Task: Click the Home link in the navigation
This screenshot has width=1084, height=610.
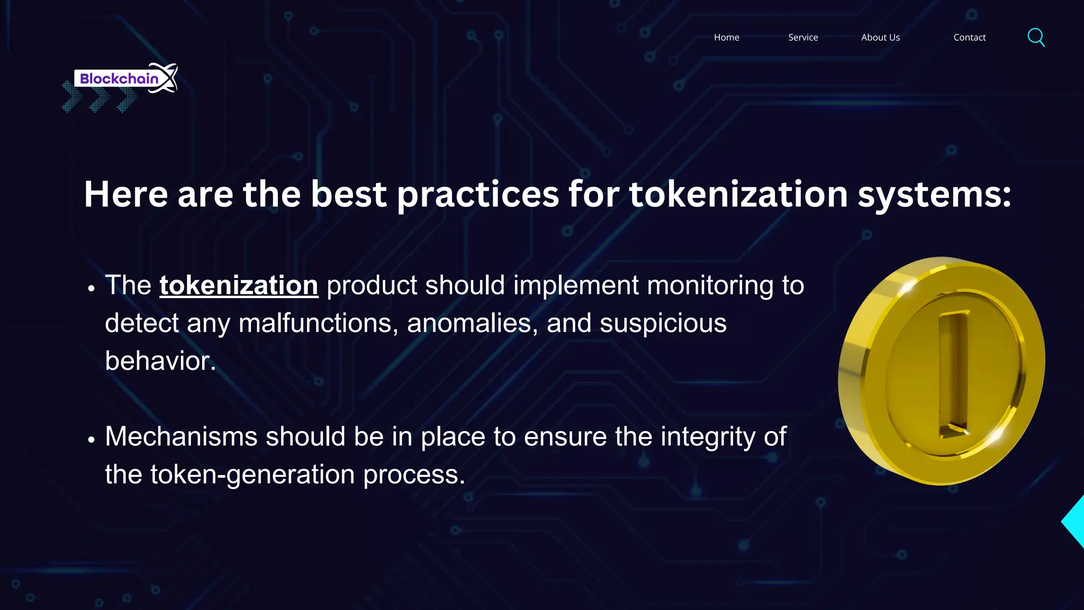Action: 726,38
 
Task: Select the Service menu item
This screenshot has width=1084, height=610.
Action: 803,38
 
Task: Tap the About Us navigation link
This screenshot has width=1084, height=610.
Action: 880,38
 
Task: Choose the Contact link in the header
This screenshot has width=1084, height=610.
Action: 969,38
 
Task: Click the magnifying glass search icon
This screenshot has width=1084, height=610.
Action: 1036,38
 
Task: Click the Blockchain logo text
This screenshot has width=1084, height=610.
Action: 119,79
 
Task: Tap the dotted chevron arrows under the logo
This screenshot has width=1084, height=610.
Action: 99,98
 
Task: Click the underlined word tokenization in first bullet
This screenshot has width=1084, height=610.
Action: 239,285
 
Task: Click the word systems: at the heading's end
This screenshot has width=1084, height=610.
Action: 934,194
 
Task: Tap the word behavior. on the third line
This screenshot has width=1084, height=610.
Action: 160,361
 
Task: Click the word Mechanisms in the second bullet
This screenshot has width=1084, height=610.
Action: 181,437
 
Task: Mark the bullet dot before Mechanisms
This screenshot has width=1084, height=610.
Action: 92,439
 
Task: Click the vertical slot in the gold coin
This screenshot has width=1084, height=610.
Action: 953,373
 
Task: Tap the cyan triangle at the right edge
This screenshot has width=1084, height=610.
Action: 1074,522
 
